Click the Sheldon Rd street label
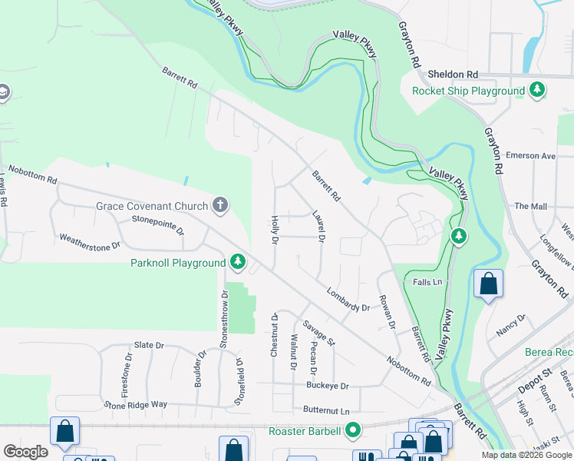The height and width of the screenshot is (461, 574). point(452,75)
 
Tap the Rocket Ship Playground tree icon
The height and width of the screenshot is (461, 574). point(537,91)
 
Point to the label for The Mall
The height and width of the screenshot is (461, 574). point(530,206)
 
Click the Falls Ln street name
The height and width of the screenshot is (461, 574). point(427,282)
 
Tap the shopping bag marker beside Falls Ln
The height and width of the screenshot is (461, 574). point(488,284)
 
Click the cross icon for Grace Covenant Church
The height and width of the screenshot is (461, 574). point(220,205)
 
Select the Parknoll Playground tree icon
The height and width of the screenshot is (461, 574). point(238,263)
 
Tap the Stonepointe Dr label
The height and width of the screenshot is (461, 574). point(158,224)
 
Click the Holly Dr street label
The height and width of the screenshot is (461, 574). point(274,229)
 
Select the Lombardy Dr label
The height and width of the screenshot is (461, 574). point(348,300)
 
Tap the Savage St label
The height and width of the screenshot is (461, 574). point(319,332)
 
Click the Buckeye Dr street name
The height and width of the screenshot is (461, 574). point(328,386)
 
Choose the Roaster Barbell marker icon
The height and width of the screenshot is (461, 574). point(353,430)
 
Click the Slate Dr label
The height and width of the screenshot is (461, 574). point(149,346)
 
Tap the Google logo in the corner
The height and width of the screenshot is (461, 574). point(25,452)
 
